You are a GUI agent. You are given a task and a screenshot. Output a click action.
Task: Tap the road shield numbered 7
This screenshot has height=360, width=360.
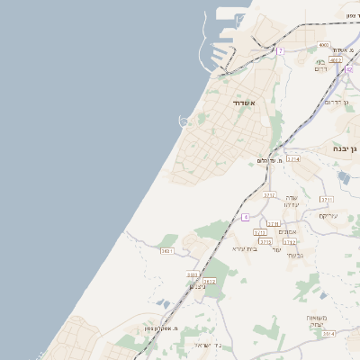click(280, 51)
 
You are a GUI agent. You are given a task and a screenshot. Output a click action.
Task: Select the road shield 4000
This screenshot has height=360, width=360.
click(323, 45)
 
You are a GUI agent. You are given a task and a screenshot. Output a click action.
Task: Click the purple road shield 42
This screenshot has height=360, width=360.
click(348, 69)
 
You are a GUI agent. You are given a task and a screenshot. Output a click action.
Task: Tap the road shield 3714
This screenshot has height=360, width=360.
click(292, 159)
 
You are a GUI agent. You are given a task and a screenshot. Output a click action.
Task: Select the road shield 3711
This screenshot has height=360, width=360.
click(327, 200)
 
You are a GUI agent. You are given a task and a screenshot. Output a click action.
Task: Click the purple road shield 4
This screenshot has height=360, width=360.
click(245, 217)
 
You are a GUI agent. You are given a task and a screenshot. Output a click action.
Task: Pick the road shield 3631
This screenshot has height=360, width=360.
click(166, 251)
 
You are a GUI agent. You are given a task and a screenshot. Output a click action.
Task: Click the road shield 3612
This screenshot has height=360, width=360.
click(210, 282)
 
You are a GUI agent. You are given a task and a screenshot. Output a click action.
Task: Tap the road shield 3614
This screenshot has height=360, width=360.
click(328, 333)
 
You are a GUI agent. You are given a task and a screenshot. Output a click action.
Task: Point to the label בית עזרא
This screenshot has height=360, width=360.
click(245, 248)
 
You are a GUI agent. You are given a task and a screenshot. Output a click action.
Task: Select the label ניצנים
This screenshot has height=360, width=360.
click(199, 286)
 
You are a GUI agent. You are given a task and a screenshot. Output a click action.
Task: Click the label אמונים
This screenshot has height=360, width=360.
click(301, 232)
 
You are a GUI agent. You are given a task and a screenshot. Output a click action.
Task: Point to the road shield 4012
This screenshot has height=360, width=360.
click(335, 60)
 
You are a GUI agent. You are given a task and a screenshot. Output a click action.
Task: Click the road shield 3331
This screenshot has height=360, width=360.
click(192, 274)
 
